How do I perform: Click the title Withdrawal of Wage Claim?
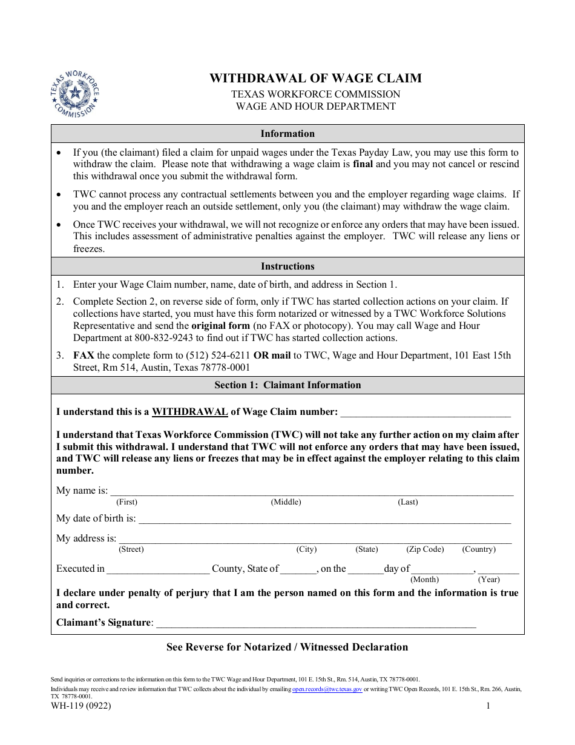point(315,78)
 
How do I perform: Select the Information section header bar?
point(287,133)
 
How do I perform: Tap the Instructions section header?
point(287,267)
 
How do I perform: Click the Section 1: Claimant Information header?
point(287,385)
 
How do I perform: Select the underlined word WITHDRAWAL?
point(189,412)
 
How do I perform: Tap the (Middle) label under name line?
point(286,502)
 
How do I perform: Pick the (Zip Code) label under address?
point(425,549)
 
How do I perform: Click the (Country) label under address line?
point(479,549)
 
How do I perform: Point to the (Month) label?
point(424,580)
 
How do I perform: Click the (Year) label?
point(489,580)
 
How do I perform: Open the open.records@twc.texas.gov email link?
point(327,689)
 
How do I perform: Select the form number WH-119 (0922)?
point(81,706)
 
